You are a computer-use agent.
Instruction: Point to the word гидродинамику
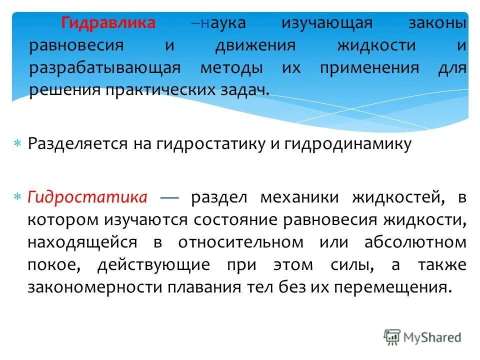[x=348, y=144]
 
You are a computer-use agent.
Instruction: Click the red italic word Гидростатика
[x=87, y=197]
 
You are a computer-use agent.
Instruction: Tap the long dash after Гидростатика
[x=169, y=198]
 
